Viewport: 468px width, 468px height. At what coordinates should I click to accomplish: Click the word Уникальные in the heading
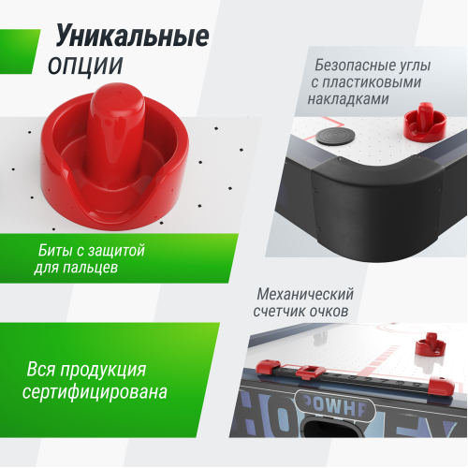132,37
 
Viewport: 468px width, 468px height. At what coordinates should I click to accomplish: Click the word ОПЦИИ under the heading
84,66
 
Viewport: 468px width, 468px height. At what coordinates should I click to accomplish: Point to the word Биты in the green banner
55,252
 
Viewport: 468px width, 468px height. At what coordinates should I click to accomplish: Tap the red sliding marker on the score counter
304,372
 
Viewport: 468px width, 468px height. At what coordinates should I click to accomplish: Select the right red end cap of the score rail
440,385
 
